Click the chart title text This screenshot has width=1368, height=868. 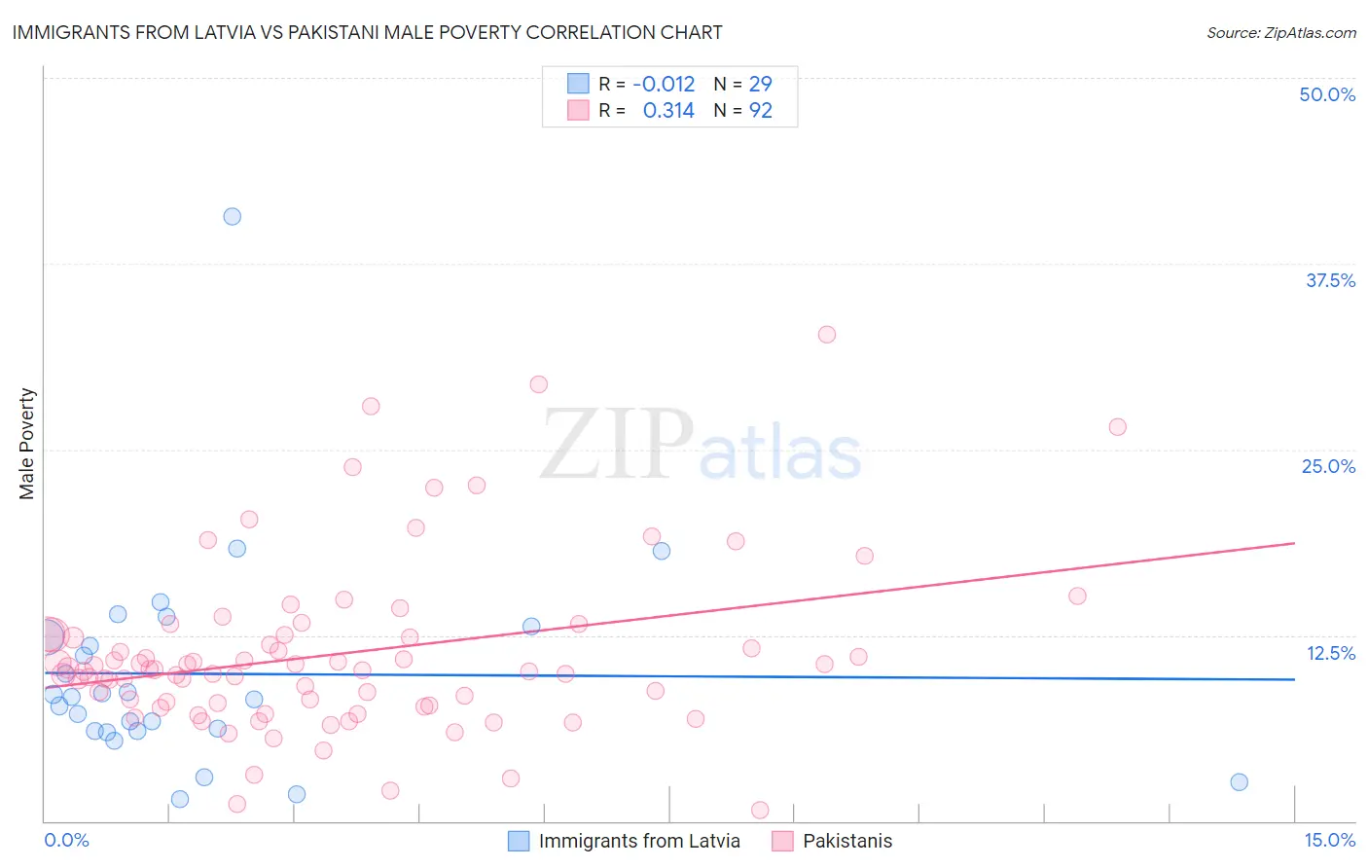coord(367,32)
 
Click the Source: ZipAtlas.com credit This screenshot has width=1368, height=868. coord(1280,32)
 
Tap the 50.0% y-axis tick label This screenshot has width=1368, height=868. coord(1327,94)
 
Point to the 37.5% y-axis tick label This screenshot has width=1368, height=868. coord(1330,280)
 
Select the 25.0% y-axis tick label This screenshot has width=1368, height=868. coord(1328,466)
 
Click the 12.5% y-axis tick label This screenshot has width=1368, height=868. coord(1330,653)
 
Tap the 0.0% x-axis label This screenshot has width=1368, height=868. coord(66,840)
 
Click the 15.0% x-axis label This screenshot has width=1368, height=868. coord(1329,840)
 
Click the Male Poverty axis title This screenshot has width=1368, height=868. coord(27,444)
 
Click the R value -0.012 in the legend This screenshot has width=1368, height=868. coord(664,84)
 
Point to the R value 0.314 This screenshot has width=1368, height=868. coord(668,111)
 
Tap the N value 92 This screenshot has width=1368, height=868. coord(760,111)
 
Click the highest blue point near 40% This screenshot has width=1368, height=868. coord(232,216)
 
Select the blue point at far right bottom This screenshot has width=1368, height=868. coord(1239,781)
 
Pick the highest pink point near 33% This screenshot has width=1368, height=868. coord(827,334)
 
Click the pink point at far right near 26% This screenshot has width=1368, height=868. coord(1118,426)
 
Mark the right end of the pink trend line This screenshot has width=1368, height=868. coord(1294,543)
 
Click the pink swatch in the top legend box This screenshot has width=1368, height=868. coord(578,110)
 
